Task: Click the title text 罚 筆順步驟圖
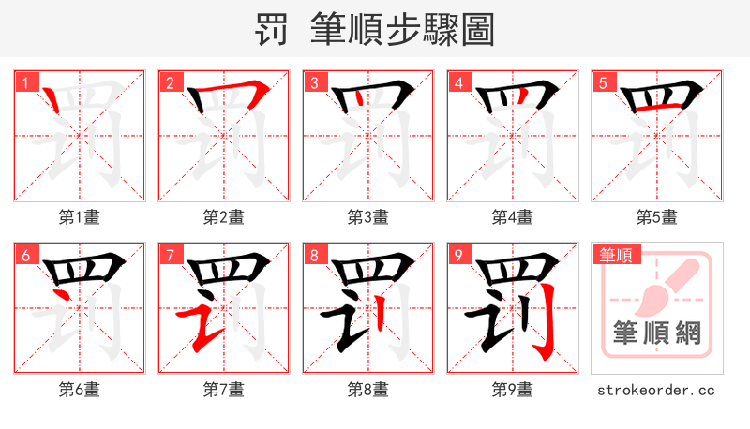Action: [x=375, y=30]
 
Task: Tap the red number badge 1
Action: [x=26, y=82]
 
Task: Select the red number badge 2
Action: [x=171, y=82]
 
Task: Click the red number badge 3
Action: [x=315, y=82]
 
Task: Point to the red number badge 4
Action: [x=459, y=82]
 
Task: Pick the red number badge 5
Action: [x=604, y=82]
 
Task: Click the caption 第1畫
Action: [x=79, y=217]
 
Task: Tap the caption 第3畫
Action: [x=367, y=217]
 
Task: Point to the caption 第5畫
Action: [x=656, y=217]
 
